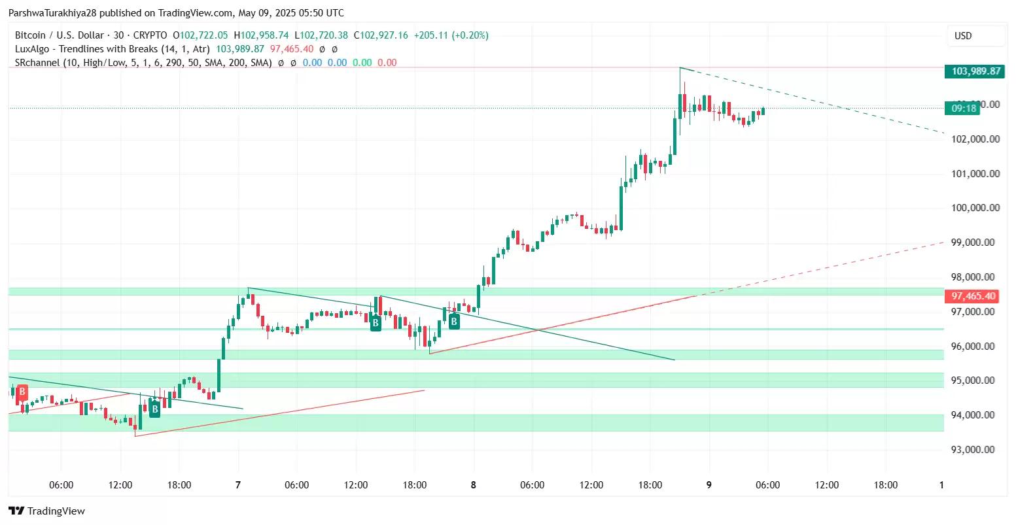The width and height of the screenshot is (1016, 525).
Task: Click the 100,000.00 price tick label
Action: [x=975, y=208]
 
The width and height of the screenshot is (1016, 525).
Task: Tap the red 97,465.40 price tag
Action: [x=973, y=296]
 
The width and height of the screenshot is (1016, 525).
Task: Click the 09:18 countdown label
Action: [x=964, y=108]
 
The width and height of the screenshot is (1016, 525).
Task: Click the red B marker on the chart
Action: [x=22, y=392]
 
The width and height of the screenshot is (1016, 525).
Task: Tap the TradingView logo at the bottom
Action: [x=46, y=511]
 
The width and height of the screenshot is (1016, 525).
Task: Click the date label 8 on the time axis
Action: [x=473, y=485]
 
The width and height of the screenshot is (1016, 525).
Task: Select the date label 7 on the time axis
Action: [x=237, y=485]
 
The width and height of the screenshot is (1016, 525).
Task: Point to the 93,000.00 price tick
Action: [x=975, y=450]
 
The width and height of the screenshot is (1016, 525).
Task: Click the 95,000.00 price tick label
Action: [x=975, y=381]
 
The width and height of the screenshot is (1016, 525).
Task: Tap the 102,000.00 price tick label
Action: [x=975, y=139]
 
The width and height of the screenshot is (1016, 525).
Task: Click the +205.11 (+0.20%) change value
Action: [x=451, y=35]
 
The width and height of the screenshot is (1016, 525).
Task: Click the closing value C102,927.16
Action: [x=381, y=35]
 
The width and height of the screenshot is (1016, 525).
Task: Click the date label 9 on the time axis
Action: [x=709, y=485]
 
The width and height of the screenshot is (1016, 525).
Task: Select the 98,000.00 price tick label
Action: [x=975, y=277]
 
